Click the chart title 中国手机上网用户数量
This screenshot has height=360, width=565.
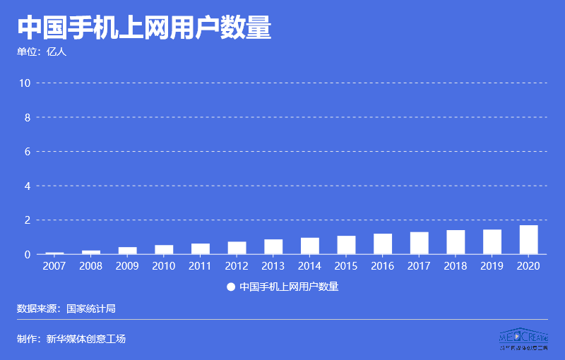(x=144, y=28)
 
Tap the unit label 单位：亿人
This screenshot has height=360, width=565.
(x=42, y=52)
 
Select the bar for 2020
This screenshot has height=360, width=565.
(x=528, y=240)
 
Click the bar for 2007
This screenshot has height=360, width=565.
(x=54, y=253)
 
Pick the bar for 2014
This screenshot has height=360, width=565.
(x=309, y=246)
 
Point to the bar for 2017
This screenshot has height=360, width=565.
(x=419, y=243)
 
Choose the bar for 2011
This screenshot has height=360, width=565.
(x=201, y=248)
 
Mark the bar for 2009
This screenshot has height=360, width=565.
(x=127, y=251)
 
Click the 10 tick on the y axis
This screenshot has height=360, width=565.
(x=25, y=83)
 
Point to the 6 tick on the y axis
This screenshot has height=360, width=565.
(x=28, y=152)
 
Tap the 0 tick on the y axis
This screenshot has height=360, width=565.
(x=28, y=254)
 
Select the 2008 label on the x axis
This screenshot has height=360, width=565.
(x=91, y=266)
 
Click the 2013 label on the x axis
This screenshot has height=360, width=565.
(x=273, y=266)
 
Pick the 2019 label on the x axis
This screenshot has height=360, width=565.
(x=492, y=266)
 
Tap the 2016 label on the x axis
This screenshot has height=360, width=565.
(x=383, y=266)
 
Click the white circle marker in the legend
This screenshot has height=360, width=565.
(x=230, y=287)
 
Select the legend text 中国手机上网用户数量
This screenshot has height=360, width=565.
(x=289, y=287)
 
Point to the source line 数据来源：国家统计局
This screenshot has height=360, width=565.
(x=66, y=308)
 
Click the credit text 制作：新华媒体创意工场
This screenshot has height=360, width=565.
(x=71, y=339)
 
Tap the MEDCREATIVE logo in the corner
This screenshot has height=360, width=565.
(x=523, y=339)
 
